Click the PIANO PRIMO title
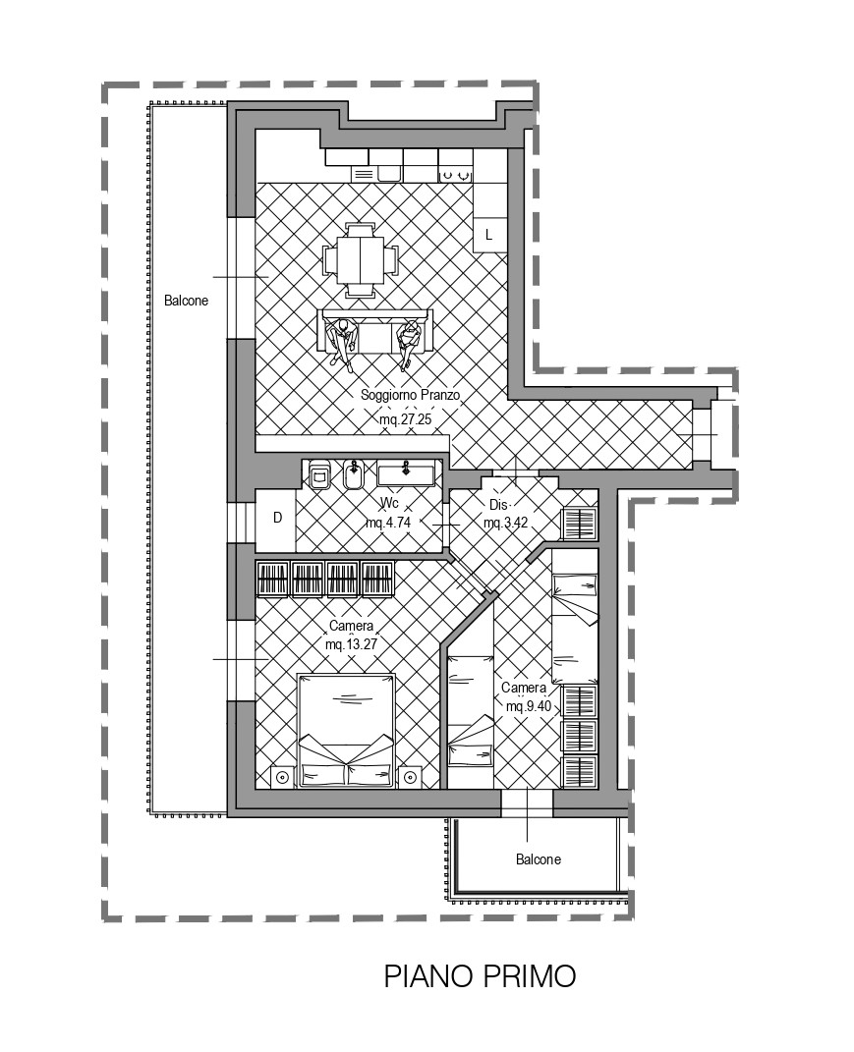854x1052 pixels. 480,976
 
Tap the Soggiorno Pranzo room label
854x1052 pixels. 410,395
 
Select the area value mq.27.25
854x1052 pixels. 406,420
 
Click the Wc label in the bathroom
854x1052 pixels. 389,503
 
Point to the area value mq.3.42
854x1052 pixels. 505,523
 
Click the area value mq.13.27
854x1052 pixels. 351,644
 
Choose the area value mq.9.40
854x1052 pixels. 529,706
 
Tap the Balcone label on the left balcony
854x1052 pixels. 186,301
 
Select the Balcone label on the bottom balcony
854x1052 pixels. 539,859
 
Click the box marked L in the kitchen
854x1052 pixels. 490,234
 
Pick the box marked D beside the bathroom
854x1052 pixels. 275,518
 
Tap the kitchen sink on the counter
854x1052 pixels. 388,174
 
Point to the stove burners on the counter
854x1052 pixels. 455,175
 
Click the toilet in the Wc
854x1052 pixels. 319,474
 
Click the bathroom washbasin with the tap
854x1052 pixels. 405,473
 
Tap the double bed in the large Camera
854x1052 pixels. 346,731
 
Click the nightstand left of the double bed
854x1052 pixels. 283,778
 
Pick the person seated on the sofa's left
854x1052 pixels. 342,342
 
